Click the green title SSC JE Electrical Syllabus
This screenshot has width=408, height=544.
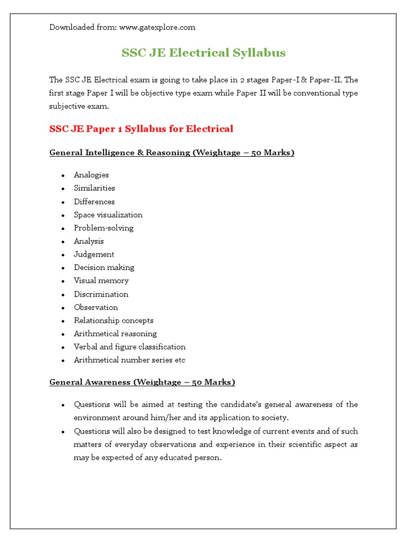[x=203, y=53]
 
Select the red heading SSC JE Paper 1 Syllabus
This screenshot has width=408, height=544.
[x=141, y=129]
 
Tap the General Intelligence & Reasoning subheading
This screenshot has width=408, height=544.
[x=172, y=152]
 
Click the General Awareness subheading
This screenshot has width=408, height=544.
[x=142, y=382]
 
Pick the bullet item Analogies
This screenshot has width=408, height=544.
[x=91, y=175]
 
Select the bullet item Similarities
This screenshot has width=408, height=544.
[x=95, y=188]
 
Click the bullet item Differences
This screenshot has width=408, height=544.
[x=94, y=201]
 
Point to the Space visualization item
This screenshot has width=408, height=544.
[x=108, y=215]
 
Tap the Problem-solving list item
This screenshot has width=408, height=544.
[x=104, y=228]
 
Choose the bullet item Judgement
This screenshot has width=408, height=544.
[x=94, y=254]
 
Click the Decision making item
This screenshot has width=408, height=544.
[x=104, y=267]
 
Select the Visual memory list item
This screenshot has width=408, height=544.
[x=101, y=280]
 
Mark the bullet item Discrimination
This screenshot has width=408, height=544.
[x=101, y=294]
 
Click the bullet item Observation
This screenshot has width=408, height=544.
[x=96, y=307]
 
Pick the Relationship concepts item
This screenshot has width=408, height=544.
[x=114, y=320]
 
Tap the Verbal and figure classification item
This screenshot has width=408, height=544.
[x=130, y=347]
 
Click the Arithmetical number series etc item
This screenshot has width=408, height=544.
[x=130, y=360]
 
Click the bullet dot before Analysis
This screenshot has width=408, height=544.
[x=63, y=242]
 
